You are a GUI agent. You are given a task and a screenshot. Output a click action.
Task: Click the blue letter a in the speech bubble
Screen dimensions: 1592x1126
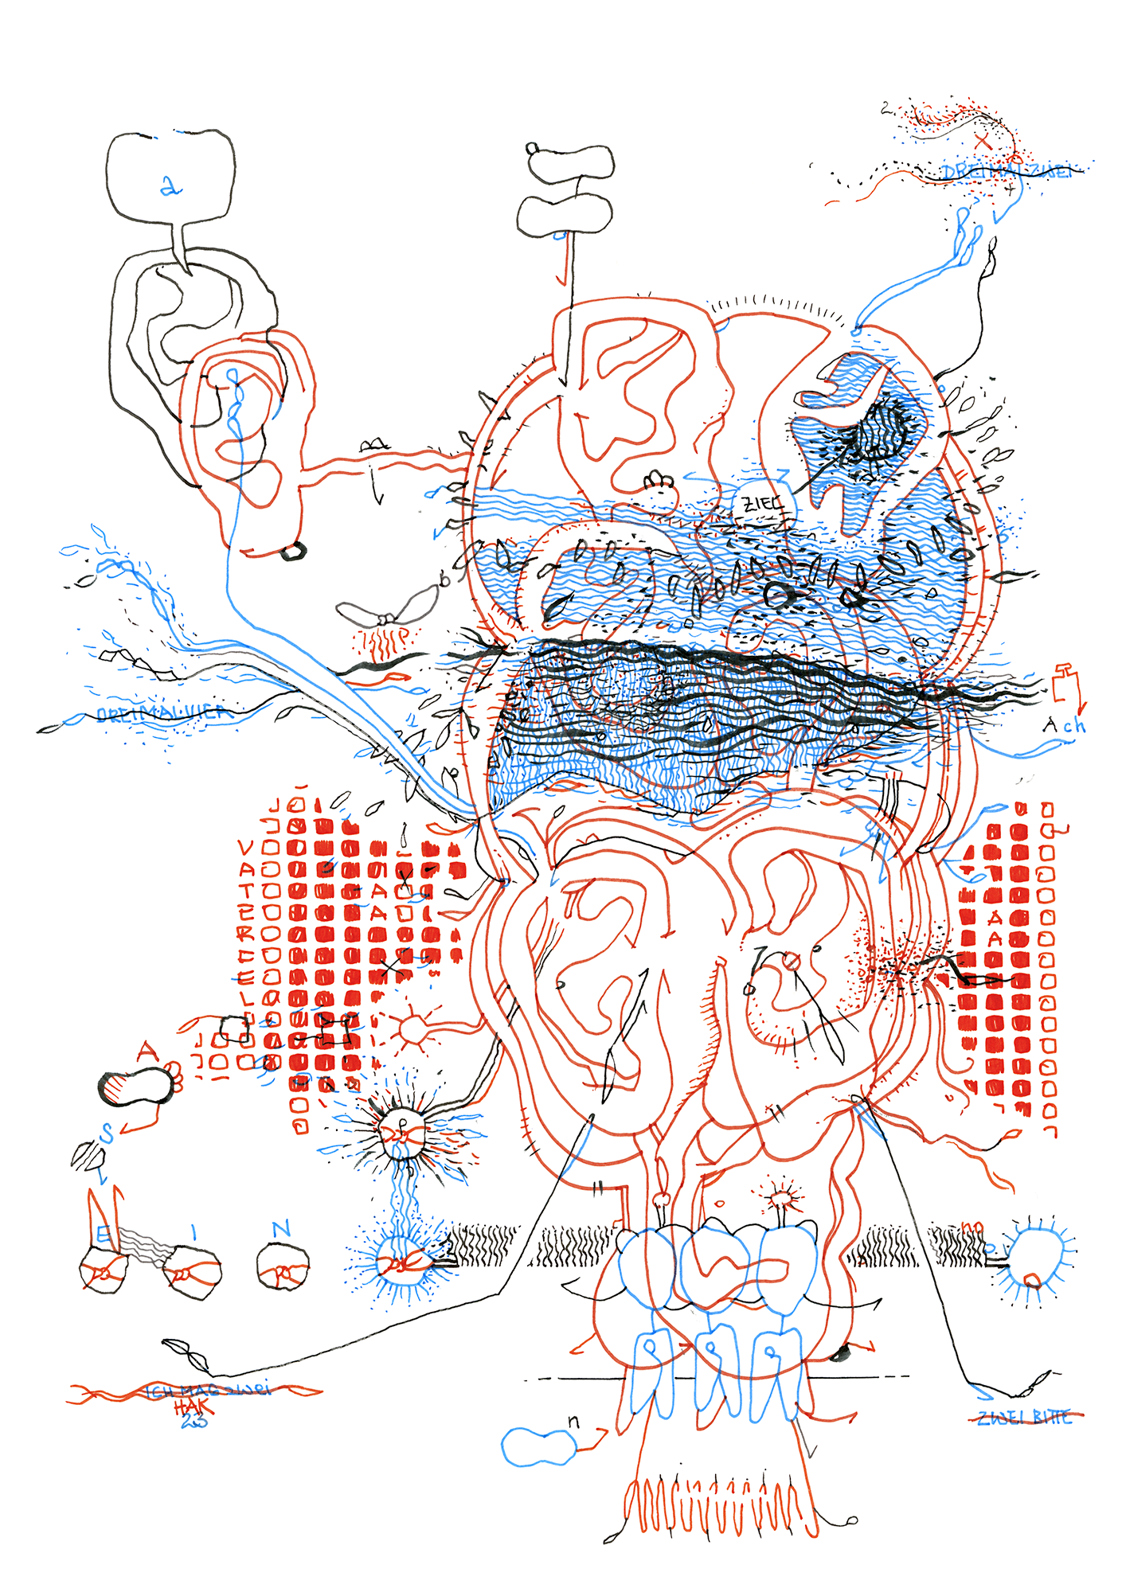click(x=170, y=186)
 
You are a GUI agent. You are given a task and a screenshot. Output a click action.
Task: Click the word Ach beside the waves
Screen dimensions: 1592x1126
click(x=1064, y=725)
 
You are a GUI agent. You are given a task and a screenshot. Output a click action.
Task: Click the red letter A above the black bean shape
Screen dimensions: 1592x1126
click(x=147, y=1052)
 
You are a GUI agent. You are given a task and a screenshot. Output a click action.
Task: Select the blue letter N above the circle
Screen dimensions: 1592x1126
click(x=281, y=1230)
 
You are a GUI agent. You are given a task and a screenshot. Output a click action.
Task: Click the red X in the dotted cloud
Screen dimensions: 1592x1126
click(x=983, y=142)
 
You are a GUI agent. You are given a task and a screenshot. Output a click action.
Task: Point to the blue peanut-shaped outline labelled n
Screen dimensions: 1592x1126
click(x=538, y=1446)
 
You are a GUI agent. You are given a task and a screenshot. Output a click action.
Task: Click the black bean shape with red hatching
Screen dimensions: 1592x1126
click(x=137, y=1087)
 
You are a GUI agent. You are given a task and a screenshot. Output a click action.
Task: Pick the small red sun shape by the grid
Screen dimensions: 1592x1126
click(x=414, y=1028)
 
